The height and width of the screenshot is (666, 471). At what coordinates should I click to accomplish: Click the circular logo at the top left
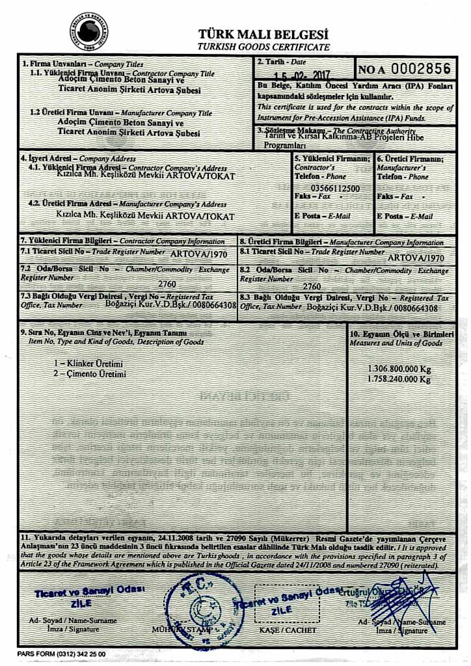pyautogui.click(x=86, y=28)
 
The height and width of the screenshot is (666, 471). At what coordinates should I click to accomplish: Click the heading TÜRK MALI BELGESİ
pyautogui.click(x=263, y=34)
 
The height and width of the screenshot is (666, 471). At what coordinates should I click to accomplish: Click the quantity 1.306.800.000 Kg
pyautogui.click(x=399, y=367)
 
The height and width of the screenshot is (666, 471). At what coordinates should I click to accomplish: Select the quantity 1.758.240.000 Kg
pyautogui.click(x=399, y=378)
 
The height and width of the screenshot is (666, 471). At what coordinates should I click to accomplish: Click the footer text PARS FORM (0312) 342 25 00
pyautogui.click(x=61, y=654)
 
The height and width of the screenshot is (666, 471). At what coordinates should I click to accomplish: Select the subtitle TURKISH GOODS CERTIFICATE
pyautogui.click(x=263, y=47)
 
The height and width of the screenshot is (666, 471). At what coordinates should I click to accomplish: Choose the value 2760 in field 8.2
pyautogui.click(x=312, y=286)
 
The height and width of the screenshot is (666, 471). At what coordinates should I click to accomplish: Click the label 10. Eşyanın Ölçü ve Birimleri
pyautogui.click(x=401, y=333)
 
